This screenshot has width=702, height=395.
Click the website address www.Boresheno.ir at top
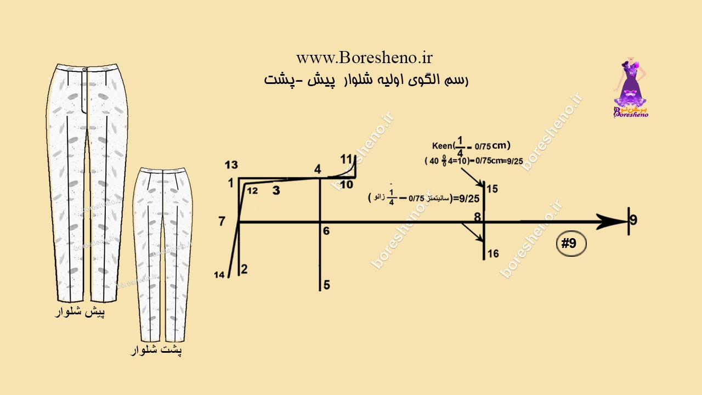coord(365,58)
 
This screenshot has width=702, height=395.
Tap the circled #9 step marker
coord(571,244)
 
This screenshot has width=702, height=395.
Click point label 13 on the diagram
coord(231,165)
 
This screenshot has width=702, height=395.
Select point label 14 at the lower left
coord(220,275)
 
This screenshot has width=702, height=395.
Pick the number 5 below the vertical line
coord(327,285)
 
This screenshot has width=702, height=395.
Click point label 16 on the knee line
coord(493,253)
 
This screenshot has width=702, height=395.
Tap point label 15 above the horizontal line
coord(492,189)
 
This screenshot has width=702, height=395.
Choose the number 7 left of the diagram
coord(222,222)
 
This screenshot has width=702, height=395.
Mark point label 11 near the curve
coord(346,159)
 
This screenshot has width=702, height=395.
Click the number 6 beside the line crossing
coord(326,232)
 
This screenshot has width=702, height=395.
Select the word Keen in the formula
coord(441,146)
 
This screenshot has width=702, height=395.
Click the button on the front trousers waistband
coord(84,70)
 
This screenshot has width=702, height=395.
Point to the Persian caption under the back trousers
coord(156,350)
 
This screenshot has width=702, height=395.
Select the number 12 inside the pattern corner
coord(252,191)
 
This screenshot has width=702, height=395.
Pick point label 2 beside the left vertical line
coord(244,269)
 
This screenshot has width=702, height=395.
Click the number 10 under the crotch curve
coord(346,185)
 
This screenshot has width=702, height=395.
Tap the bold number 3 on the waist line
coord(276,190)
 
